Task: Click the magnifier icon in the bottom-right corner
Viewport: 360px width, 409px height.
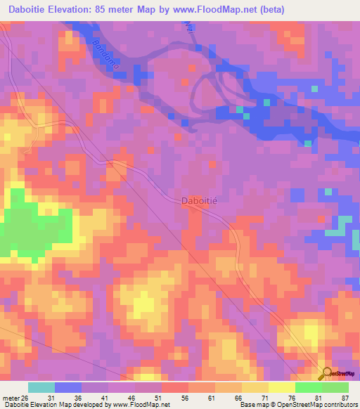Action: point(326,374)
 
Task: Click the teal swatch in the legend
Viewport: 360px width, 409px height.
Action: point(41,387)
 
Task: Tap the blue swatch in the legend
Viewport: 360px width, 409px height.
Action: point(68,387)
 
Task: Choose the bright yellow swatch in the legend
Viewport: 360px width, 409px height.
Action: point(282,387)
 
